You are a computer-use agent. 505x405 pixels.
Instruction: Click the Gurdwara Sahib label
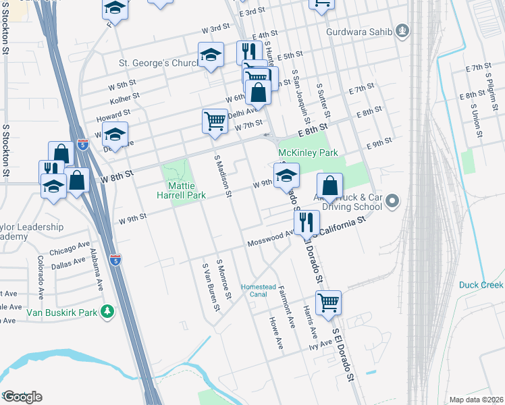pyautogui.click(x=358, y=30)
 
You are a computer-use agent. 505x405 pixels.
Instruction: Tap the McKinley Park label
pyautogui.click(x=308, y=153)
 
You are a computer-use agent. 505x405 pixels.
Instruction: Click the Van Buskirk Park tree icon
pyautogui.click(x=107, y=312)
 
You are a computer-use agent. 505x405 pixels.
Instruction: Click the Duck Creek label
pyautogui.click(x=481, y=285)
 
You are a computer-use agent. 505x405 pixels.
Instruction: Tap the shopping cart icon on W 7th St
pyautogui.click(x=215, y=122)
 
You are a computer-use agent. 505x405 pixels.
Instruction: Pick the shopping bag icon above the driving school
pyautogui.click(x=329, y=185)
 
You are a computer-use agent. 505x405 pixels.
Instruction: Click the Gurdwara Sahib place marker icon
pyautogui.click(x=402, y=30)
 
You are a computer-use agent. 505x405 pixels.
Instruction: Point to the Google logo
pyautogui.click(x=22, y=397)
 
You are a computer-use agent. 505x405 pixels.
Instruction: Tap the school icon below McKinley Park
pyautogui.click(x=286, y=176)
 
